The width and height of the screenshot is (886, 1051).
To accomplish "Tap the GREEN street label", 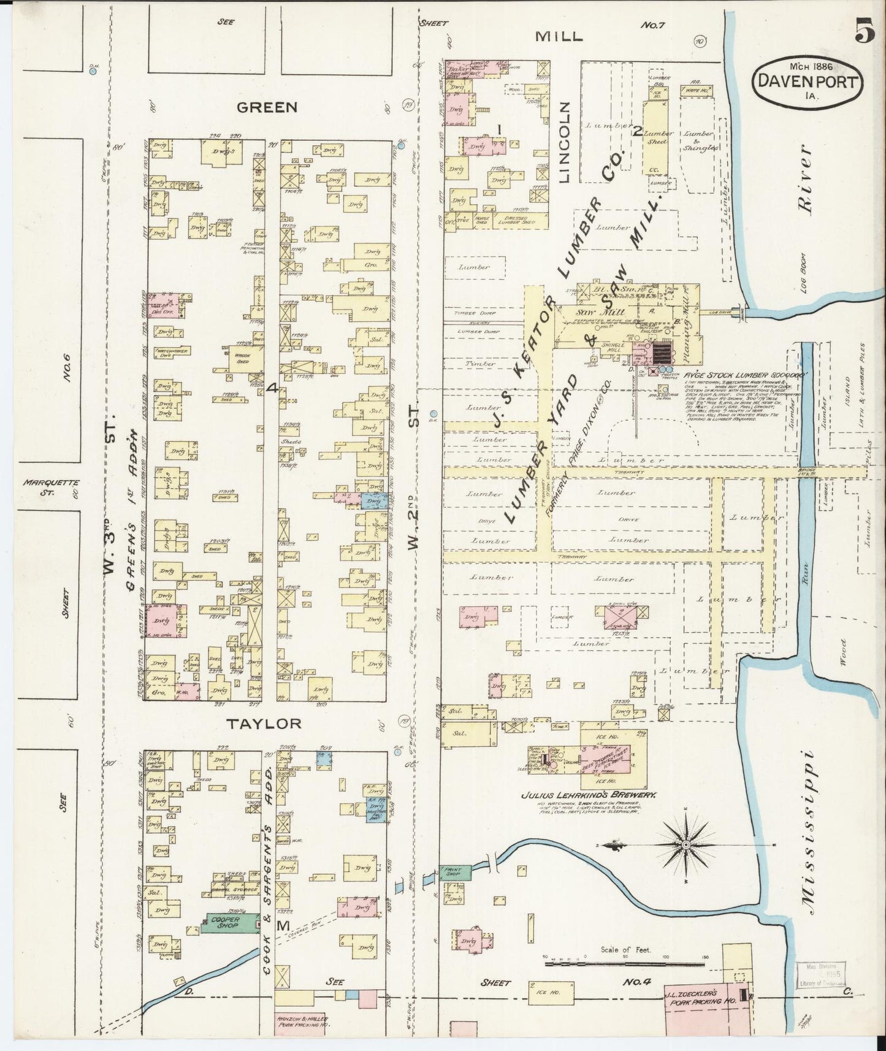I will pyautogui.click(x=267, y=107).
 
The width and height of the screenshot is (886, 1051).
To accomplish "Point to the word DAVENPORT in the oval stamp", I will pyautogui.click(x=808, y=82).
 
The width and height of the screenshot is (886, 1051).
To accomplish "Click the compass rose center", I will pyautogui.click(x=686, y=845).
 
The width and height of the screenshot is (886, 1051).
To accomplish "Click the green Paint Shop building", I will pyautogui.click(x=454, y=871).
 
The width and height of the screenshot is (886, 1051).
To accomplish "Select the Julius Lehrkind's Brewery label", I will pyautogui.click(x=589, y=795).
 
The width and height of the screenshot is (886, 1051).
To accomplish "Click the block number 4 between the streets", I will pyautogui.click(x=273, y=388).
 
